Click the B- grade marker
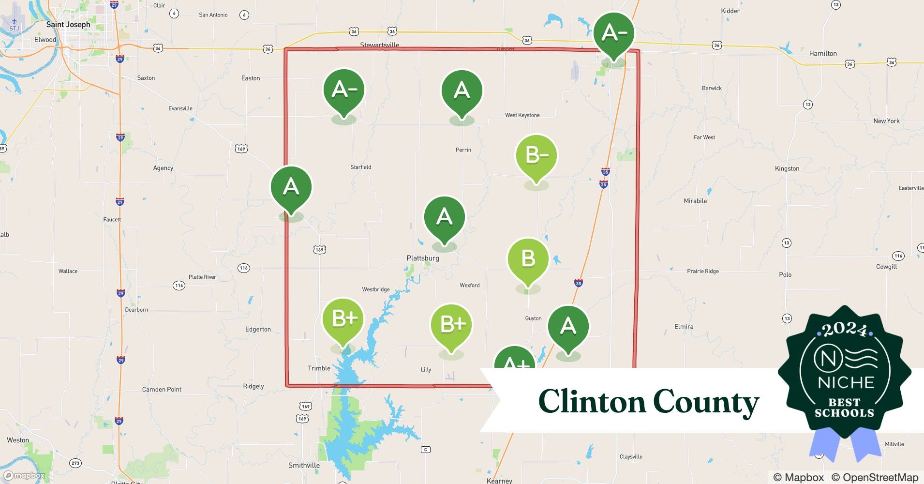tap(536, 156)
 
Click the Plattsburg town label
tap(423, 258)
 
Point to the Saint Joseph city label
tap(68, 24)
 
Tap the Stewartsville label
tap(380, 45)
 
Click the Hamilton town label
tap(823, 53)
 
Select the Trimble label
tap(319, 368)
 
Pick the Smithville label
tap(304, 466)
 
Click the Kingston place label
tap(787, 168)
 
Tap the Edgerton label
tap(258, 329)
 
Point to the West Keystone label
tap(522, 115)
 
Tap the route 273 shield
tap(75, 463)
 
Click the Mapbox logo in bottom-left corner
tap(24, 476)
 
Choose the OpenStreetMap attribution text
tap(875, 477)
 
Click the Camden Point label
tap(162, 389)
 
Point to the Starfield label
tap(360, 167)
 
